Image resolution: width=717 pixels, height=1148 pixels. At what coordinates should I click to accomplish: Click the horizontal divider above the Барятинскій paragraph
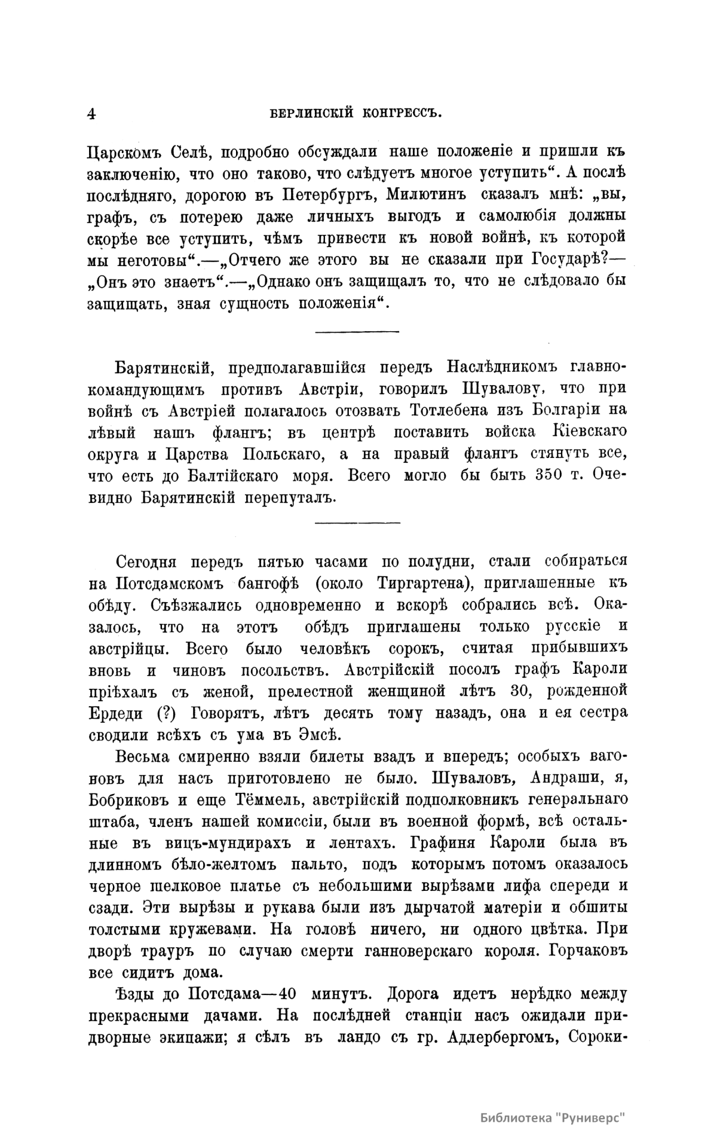(x=357, y=331)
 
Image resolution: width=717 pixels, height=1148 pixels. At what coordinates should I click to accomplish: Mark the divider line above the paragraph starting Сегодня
(x=357, y=523)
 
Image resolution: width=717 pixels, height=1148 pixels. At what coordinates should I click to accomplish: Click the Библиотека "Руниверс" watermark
(x=555, y=1118)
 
